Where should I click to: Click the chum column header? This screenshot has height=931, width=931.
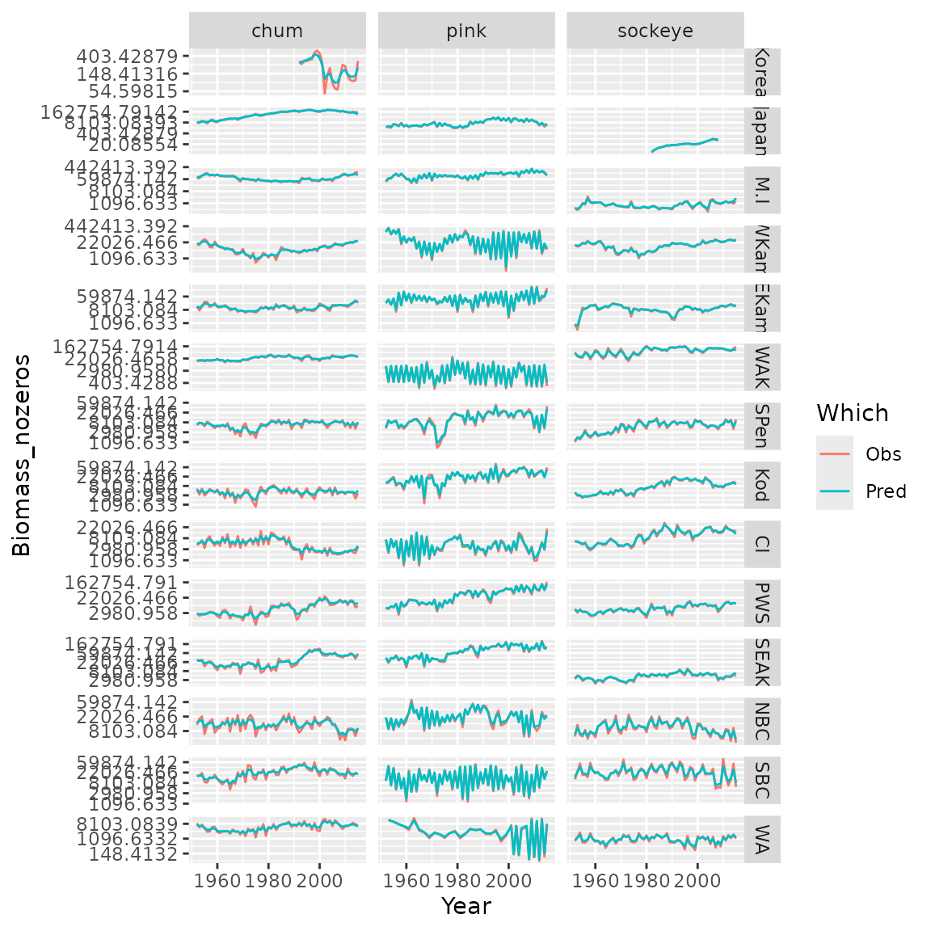[x=277, y=31]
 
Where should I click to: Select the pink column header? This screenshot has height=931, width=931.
[x=466, y=31]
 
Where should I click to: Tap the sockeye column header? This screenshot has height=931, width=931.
[x=655, y=31]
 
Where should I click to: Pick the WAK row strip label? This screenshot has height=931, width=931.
[x=762, y=368]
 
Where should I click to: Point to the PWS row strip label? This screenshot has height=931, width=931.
[x=762, y=603]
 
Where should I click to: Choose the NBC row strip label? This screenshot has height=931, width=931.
[x=762, y=721]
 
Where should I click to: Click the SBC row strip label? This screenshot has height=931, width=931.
[x=762, y=780]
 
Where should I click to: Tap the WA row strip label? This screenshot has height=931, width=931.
[x=762, y=839]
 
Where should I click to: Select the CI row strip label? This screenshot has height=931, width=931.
[x=762, y=544]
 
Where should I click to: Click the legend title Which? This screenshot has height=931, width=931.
[x=852, y=413]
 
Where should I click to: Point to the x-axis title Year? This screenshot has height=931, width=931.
[x=466, y=906]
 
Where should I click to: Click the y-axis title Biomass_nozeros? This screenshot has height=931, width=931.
[x=22, y=455]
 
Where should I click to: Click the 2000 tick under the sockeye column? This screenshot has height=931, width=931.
[x=697, y=878]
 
